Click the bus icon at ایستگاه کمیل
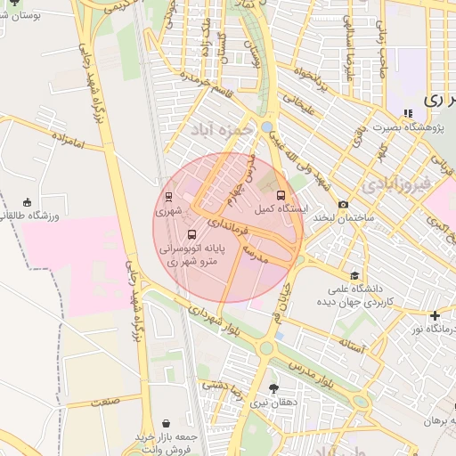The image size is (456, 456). pos(281,195)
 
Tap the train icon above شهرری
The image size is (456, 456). pos(169,198)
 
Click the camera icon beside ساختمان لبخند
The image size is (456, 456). pos(343,204)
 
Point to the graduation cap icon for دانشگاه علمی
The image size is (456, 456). pos(354,275)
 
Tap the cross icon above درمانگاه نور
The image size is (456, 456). pos(434,315)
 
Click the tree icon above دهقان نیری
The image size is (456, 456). pos(273,388)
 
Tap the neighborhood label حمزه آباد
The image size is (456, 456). pos(216,131)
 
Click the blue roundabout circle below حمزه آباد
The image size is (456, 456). pos(267,127)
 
